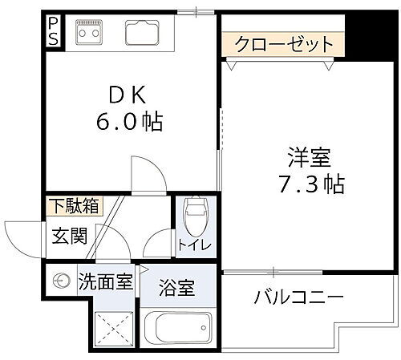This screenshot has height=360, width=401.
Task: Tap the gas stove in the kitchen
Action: click(x=88, y=33)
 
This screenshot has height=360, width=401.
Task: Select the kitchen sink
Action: click(x=144, y=33)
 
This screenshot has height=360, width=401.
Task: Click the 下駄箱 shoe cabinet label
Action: click(x=73, y=204)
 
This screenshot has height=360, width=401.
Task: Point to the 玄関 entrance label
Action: click(x=69, y=237)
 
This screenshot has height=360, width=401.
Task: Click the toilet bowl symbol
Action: click(x=194, y=214)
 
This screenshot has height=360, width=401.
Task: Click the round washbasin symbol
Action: click(x=59, y=281)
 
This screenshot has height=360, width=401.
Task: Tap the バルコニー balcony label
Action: click(x=299, y=298)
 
